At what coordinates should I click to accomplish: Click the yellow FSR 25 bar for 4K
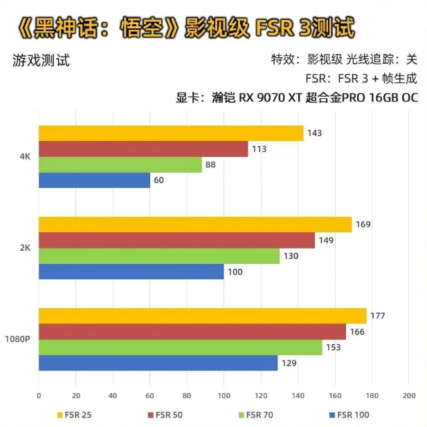(x=171, y=133)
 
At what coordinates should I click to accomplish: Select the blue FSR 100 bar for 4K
(x=94, y=180)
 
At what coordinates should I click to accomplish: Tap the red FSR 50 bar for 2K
(x=176, y=240)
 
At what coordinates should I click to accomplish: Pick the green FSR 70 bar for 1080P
(x=180, y=348)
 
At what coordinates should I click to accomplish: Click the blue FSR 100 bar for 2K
(x=131, y=272)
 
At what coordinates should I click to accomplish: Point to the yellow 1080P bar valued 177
(x=202, y=316)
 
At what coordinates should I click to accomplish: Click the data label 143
(x=316, y=133)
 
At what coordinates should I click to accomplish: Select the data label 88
(x=212, y=164)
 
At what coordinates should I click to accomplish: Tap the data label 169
(x=363, y=225)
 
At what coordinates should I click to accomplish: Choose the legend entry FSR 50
(x=165, y=415)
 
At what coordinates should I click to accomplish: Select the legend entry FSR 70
(x=257, y=415)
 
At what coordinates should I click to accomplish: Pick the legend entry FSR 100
(x=350, y=415)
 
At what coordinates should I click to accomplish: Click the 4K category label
(x=25, y=157)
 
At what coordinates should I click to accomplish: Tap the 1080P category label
(x=17, y=339)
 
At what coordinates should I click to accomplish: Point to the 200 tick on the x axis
(x=408, y=395)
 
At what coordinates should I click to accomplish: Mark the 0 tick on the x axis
(x=39, y=395)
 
